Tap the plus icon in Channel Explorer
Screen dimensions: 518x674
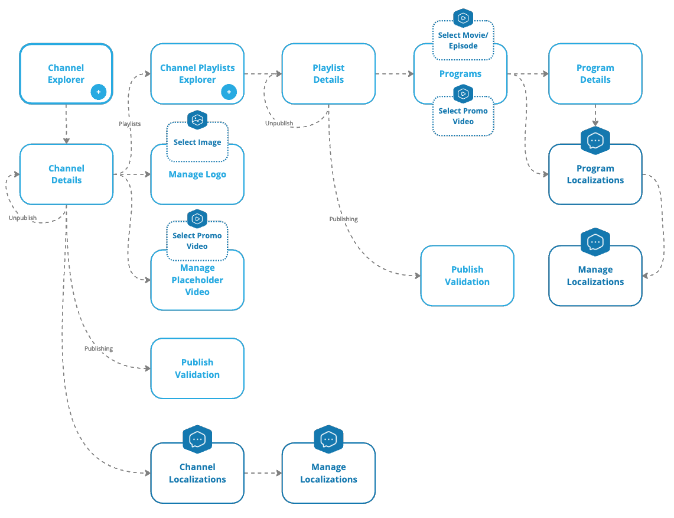[x=98, y=92]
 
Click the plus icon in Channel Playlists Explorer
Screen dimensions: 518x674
[x=229, y=92]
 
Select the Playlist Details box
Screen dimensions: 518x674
[x=328, y=74]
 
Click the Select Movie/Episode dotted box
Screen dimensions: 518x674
[x=463, y=41]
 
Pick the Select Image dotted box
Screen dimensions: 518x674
[x=197, y=143]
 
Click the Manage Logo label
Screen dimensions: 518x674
[x=197, y=174]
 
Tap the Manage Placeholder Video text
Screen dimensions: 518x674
[x=197, y=280]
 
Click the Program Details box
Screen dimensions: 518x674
[x=595, y=74]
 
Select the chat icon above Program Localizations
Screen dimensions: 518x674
[x=595, y=141]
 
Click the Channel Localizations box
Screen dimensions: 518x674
[x=197, y=473]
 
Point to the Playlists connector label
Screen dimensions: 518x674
[x=129, y=124]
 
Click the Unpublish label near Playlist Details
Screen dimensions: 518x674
[x=279, y=124]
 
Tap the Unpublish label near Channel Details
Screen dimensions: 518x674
[x=22, y=218]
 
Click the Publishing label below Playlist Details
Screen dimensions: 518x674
[x=343, y=219]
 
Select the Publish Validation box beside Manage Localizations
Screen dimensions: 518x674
[x=467, y=276]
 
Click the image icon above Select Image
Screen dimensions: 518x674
[x=197, y=120]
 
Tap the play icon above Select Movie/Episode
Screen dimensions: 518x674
[x=463, y=18]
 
